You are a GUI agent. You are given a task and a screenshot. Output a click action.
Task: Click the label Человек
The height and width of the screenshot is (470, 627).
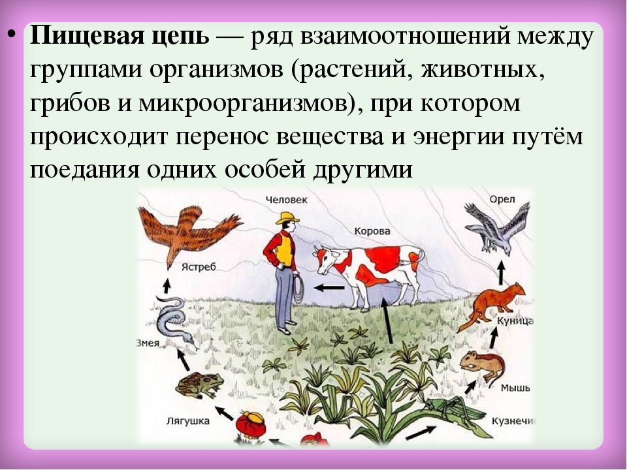pos(286,200)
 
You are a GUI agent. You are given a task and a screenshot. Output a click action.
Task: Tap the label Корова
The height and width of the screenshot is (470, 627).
pos(372,231)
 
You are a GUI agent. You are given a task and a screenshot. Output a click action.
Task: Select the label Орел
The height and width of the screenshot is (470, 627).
pos(502,200)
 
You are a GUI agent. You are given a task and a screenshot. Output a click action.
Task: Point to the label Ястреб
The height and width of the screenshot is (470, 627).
pos(199,266)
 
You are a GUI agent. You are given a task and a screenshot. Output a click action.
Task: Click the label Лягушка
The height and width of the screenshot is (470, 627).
pos(188,420)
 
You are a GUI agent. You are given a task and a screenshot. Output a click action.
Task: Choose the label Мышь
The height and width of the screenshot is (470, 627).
pos(515,388)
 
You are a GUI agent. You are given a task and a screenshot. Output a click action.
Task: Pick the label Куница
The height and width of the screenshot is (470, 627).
pos(515,321)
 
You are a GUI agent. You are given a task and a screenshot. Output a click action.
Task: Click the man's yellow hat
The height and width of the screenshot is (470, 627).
pos(287,218)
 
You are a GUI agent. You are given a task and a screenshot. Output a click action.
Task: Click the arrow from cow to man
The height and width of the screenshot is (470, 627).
pos(329,287)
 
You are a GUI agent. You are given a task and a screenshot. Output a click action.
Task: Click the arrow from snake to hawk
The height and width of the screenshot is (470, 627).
pos(167,285)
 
